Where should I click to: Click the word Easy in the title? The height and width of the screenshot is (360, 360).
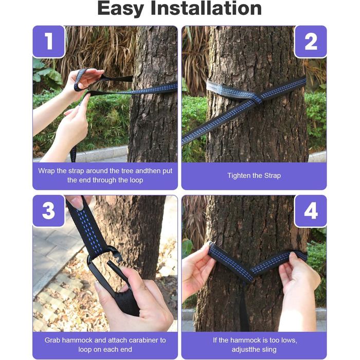coord(120,9)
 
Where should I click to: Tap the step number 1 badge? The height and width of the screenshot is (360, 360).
coord(49,41)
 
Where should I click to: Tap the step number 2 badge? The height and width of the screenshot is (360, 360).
coord(311,42)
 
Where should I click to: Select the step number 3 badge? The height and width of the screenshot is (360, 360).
coord(49,211)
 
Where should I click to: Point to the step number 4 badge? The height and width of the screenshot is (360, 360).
coord(311,211)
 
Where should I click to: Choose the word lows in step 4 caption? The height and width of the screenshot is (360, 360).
coord(289,340)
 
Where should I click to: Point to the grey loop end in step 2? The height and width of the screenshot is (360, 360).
coord(227,90)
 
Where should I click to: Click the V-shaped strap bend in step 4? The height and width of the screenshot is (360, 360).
coord(249,273)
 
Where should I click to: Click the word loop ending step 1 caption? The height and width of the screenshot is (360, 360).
coord(136,181)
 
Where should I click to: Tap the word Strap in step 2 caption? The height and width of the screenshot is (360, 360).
coord(273,176)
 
